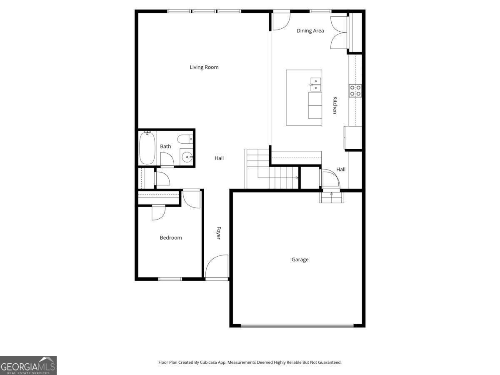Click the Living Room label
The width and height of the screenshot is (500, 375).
(204, 67)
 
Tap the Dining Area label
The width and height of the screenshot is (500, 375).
(310, 31)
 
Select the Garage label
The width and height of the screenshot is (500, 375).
(300, 260)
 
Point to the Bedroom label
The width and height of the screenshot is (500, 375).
(171, 238)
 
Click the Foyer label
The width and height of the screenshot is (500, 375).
(218, 233)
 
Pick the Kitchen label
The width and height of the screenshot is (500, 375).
(335, 105)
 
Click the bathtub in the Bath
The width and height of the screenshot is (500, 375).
(147, 147)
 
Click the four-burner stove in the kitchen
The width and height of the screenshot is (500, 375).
(355, 90)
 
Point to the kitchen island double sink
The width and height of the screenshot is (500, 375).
(315, 84)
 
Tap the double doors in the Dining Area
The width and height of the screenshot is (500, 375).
(339, 32)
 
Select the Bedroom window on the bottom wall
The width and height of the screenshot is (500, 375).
(170, 279)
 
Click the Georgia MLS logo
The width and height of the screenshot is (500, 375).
(28, 365)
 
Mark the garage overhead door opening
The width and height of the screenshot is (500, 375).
(297, 325)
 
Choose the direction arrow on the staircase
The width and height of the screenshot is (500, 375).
(297, 178)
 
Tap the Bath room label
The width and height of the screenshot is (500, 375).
(165, 147)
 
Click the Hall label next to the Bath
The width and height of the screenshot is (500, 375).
(219, 158)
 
